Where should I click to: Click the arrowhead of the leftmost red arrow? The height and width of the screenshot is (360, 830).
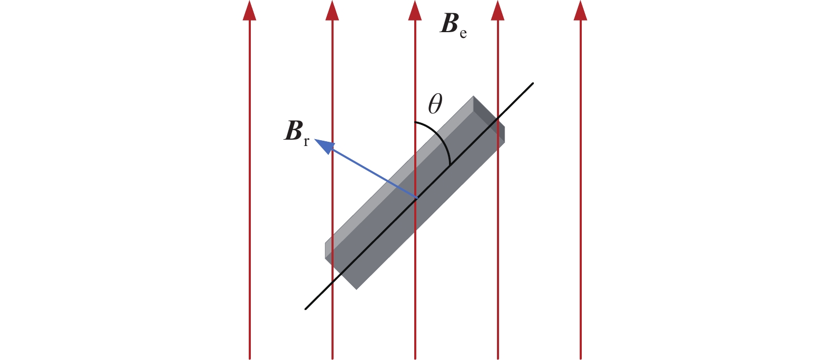click(249, 11)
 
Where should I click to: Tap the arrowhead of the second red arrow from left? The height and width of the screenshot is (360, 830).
click(332, 11)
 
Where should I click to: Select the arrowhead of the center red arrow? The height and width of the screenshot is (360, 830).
click(415, 11)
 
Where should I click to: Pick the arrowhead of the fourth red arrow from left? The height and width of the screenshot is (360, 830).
click(497, 11)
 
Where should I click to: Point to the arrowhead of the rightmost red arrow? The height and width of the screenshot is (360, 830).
click(580, 11)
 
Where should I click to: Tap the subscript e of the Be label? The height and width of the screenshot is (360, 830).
click(463, 33)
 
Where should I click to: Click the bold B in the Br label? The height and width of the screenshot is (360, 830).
click(293, 131)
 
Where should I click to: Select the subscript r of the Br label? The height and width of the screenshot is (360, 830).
click(306, 142)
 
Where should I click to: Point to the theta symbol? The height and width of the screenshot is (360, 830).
click(435, 104)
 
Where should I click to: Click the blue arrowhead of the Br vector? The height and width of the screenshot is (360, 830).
click(324, 145)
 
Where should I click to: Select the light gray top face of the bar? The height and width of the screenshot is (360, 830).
click(399, 177)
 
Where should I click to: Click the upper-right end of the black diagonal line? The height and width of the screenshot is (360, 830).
click(533, 83)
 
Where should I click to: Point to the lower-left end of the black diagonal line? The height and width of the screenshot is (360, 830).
click(306, 308)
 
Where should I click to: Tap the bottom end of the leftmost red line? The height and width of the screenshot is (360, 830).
click(249, 358)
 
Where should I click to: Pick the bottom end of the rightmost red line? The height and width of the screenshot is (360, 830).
click(580, 358)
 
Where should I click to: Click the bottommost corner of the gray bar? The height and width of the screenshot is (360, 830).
click(356, 289)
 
